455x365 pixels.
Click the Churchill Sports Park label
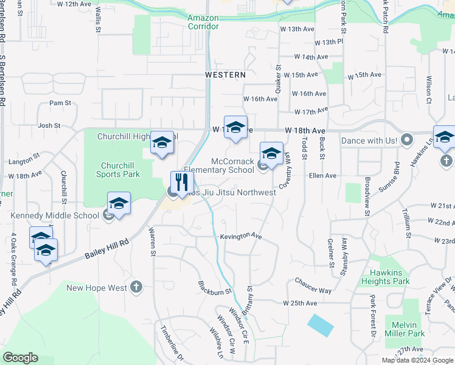[120, 170]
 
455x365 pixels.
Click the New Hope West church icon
[136, 287]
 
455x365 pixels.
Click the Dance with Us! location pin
[408, 140]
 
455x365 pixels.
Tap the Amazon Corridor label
[203, 23]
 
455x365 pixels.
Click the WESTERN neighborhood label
[225, 75]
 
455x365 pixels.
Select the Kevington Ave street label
[240, 236]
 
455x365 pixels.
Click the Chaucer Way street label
[313, 286]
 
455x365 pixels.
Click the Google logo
[20, 358]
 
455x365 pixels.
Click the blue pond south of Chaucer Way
[321, 325]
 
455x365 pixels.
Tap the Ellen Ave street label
[322, 176]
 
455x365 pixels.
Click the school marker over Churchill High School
[162, 144]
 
